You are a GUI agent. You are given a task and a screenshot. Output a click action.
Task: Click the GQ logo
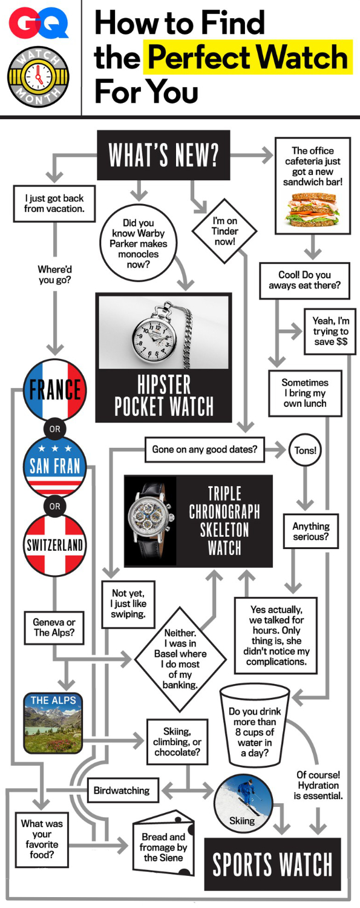point(39,24)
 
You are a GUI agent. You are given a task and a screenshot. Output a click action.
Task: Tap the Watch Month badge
point(39,77)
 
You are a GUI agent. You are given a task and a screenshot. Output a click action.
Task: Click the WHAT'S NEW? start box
point(163,155)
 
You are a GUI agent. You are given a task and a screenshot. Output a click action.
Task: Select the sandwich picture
point(313,209)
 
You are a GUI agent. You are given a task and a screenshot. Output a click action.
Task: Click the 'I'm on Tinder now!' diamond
point(224,231)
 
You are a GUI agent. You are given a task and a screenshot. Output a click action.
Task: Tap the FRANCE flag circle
point(54,390)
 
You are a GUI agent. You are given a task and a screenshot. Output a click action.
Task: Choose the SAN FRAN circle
point(54,467)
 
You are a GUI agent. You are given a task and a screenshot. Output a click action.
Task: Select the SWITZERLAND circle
point(54,545)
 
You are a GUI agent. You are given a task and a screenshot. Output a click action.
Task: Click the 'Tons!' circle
point(305,450)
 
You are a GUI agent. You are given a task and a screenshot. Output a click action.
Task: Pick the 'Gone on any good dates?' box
point(205,449)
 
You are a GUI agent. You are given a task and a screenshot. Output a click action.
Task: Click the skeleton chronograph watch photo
point(150,521)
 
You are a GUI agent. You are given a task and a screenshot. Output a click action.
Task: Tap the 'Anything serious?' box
point(310,531)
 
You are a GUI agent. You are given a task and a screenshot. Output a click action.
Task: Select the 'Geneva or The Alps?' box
point(54,628)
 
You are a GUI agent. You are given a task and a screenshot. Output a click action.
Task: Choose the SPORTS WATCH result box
point(272,864)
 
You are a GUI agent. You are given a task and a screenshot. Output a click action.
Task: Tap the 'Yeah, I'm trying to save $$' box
point(330,331)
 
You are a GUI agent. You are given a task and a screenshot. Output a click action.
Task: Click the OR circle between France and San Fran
point(54,429)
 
